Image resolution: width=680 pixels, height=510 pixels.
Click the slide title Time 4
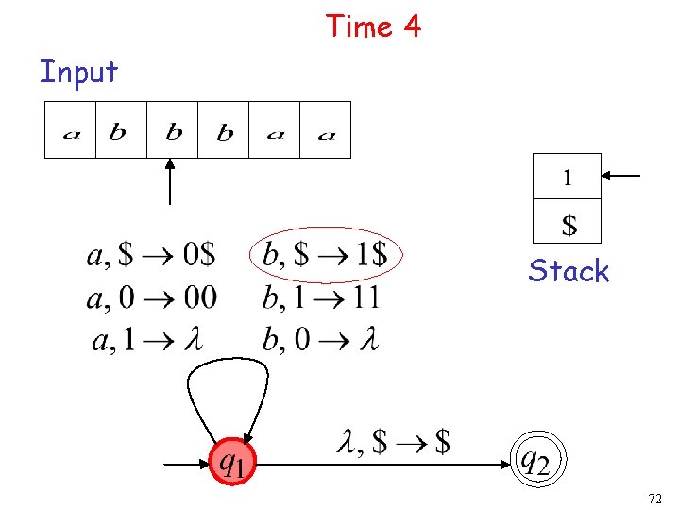(373, 26)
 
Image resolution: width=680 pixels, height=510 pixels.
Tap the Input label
(78, 72)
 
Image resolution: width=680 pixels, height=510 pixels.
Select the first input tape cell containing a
(71, 131)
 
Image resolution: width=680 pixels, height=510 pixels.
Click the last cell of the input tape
(326, 131)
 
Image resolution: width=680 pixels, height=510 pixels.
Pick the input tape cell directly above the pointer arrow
(173, 131)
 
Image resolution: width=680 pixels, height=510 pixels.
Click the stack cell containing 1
(567, 177)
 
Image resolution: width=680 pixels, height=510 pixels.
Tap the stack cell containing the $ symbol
(567, 225)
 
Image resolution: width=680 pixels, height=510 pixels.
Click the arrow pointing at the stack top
(622, 176)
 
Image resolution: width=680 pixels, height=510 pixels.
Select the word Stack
(569, 271)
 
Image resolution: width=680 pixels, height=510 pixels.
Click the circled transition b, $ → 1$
(325, 254)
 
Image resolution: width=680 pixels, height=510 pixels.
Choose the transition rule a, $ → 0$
(151, 255)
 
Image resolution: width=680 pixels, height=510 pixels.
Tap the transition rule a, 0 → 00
(151, 298)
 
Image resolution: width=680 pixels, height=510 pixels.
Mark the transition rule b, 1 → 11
(321, 298)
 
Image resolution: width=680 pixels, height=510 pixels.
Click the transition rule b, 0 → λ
(321, 340)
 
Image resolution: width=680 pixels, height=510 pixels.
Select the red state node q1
(234, 463)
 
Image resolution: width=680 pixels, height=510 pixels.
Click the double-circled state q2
(534, 461)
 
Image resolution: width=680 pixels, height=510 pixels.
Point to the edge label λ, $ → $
(393, 440)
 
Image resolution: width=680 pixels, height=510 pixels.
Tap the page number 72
(655, 497)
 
